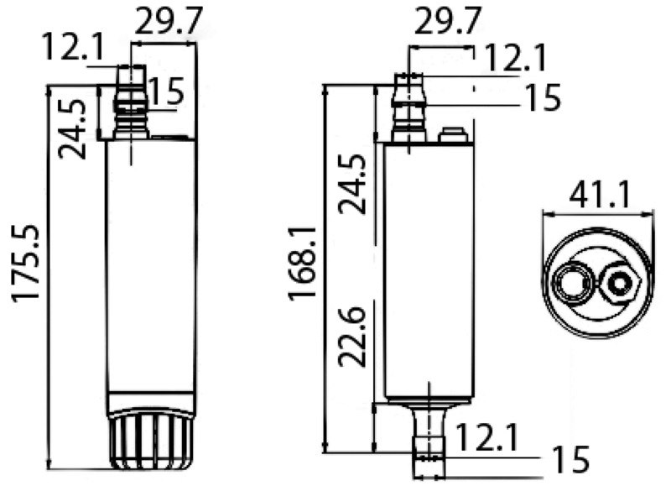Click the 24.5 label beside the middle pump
[353, 184]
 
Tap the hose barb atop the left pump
[131, 101]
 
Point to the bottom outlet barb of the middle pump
[429, 432]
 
